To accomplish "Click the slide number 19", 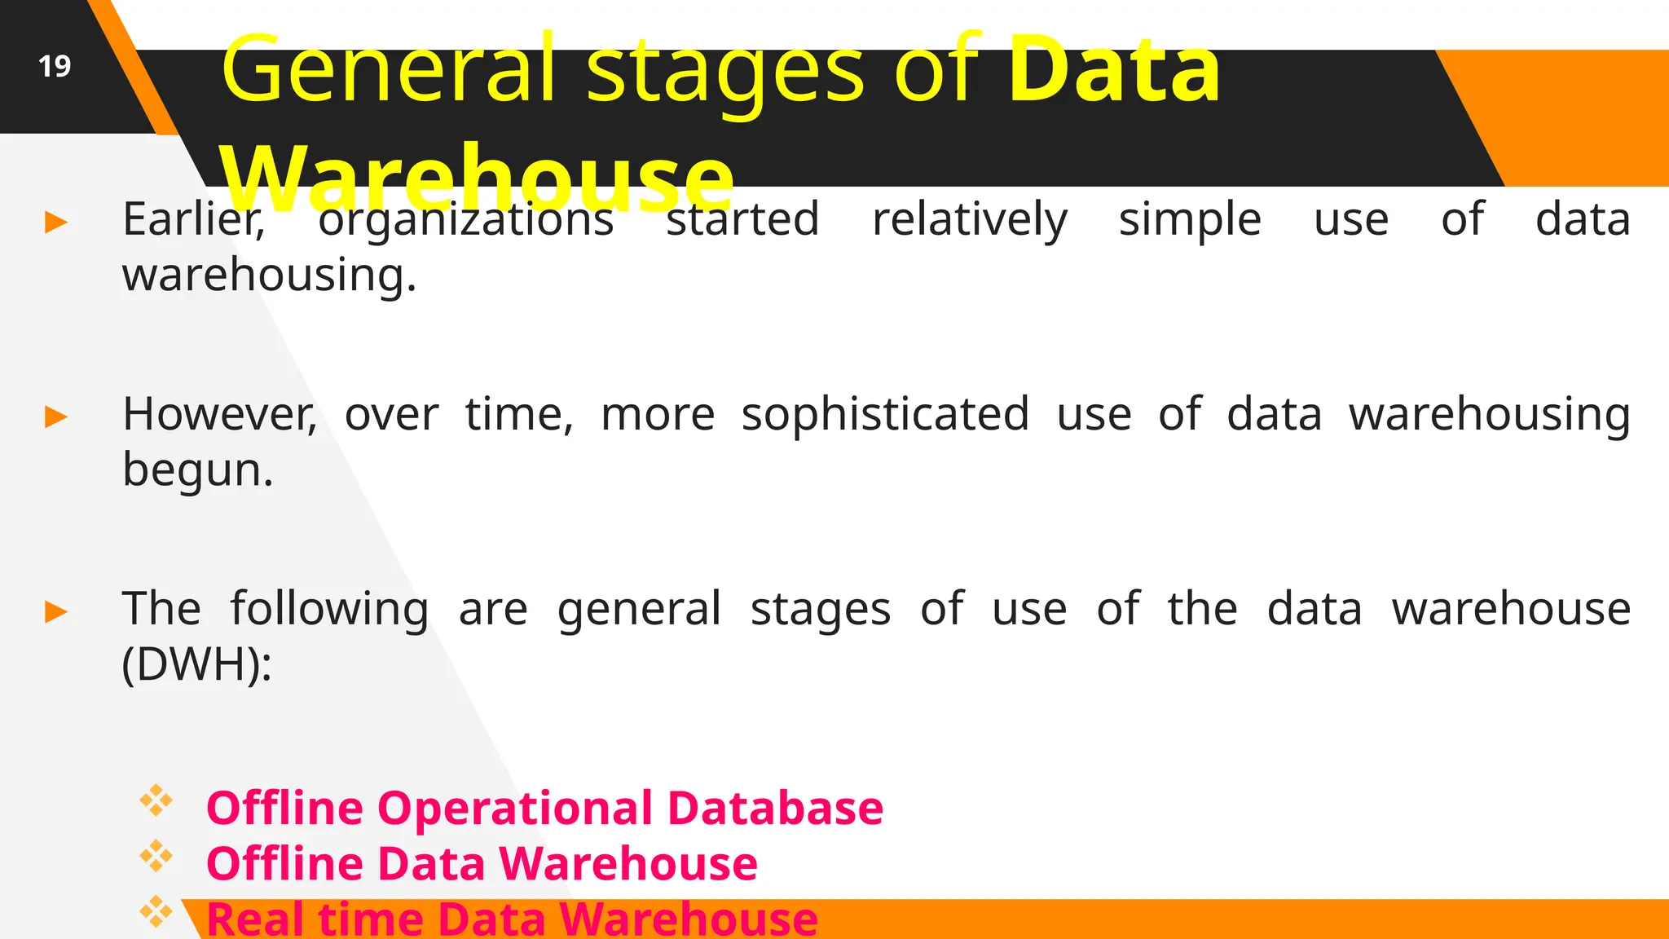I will [x=55, y=66].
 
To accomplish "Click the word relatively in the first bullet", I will [x=969, y=220].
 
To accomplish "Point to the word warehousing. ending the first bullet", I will [x=269, y=276].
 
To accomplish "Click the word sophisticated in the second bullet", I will [x=885, y=415].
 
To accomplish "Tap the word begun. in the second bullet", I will [x=197, y=470].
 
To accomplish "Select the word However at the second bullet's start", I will [x=218, y=415].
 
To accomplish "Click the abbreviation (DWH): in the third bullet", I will [x=196, y=665].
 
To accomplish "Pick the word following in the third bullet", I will [x=328, y=610].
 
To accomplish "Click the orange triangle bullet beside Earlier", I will [x=56, y=222].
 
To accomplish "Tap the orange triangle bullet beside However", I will [x=56, y=417].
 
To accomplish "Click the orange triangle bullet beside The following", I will [x=56, y=611].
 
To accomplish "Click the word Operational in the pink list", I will [x=514, y=809].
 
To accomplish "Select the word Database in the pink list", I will [x=774, y=809].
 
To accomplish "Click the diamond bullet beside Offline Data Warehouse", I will [x=156, y=857].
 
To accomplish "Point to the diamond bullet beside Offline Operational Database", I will [x=156, y=801].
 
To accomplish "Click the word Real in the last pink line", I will [x=254, y=919].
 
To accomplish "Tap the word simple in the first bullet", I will [x=1189, y=220].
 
